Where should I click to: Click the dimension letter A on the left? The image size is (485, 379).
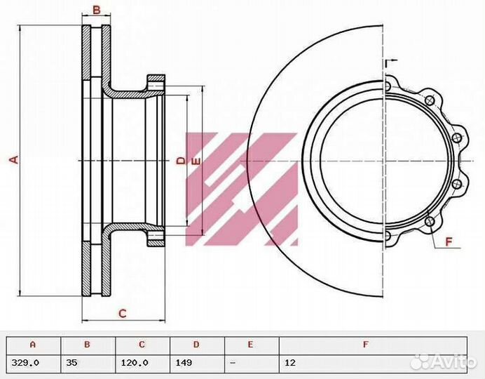13,160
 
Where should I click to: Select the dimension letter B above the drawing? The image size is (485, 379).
97,10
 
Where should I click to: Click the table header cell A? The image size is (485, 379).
32,345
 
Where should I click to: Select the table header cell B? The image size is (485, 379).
88,345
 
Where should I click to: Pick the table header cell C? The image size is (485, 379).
142,345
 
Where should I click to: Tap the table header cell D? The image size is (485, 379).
196,345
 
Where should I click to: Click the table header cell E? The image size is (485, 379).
250,345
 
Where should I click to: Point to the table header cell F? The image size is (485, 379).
366,345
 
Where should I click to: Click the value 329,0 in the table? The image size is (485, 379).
26,363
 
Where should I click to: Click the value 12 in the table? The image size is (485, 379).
289,363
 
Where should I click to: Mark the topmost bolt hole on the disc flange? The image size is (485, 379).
388,86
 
